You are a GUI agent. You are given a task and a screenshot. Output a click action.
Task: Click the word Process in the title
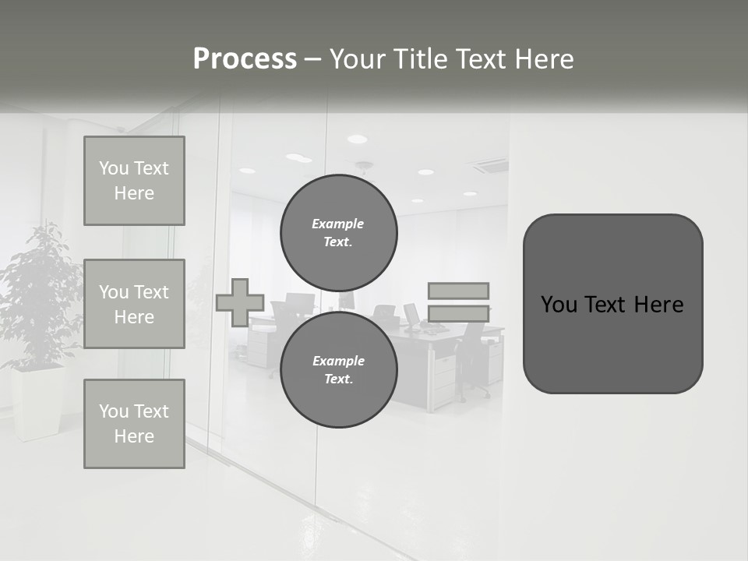pos(245,59)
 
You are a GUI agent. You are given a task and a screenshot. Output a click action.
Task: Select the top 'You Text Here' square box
pos(134,181)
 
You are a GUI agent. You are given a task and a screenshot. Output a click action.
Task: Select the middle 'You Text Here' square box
pos(134,304)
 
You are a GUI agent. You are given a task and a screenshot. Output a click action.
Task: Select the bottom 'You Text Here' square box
pos(134,423)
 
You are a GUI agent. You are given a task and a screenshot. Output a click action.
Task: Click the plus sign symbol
pos(240,302)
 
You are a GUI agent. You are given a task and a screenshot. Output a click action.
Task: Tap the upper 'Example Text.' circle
pos(338,233)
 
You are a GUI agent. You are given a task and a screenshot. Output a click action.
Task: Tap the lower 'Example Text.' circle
pos(338,369)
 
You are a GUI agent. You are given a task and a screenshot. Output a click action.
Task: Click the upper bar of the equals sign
pos(458,291)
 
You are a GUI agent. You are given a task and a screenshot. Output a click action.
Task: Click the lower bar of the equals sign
pos(458,314)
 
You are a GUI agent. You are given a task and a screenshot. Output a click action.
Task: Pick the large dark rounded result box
pos(612,304)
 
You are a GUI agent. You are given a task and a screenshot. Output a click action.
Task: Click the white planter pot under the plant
pos(37,401)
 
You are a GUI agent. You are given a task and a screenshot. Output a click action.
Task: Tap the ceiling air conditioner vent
pos(489,165)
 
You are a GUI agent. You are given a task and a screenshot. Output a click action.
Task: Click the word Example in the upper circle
pos(337,224)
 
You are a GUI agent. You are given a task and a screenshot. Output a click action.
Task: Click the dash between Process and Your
pos(313,59)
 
